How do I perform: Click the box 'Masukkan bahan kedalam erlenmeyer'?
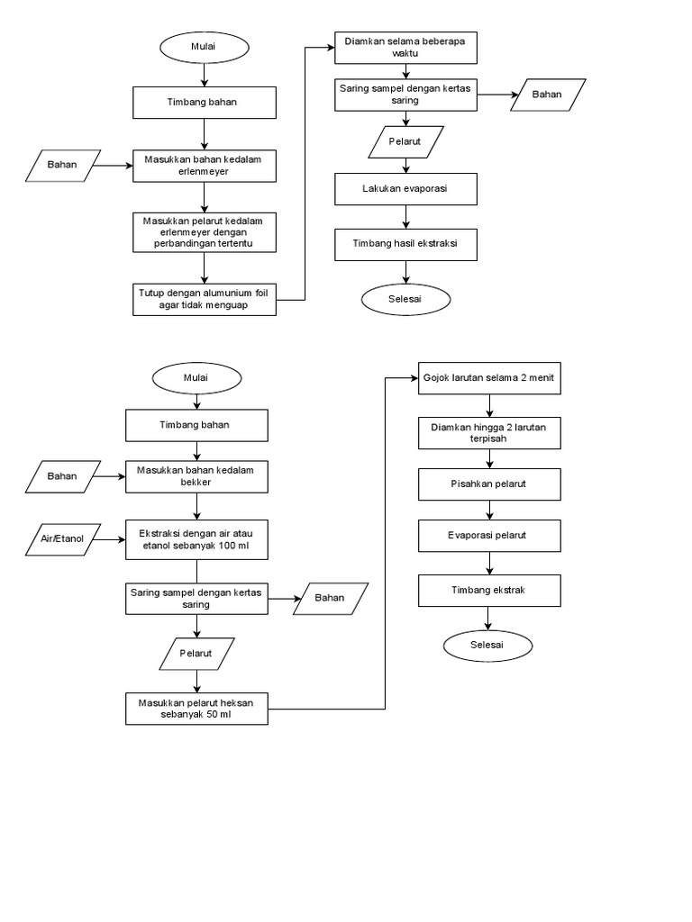click(205, 166)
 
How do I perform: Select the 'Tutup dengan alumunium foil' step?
click(205, 299)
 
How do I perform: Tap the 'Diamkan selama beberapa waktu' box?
click(405, 48)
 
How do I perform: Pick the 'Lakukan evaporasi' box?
click(405, 189)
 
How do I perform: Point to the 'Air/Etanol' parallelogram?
click(61, 539)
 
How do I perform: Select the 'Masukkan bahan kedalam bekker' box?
click(197, 476)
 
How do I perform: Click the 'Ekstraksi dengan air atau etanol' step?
click(197, 538)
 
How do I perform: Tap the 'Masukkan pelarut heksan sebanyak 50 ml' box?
click(197, 709)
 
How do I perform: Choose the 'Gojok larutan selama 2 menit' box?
click(490, 379)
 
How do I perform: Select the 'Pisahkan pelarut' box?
click(490, 485)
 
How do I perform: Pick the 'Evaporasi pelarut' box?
click(490, 537)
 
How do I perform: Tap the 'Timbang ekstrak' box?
click(490, 590)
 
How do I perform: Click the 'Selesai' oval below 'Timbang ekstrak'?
click(487, 645)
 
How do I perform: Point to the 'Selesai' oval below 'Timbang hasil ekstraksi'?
click(405, 298)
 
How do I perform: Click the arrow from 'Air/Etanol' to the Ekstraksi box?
click(111, 539)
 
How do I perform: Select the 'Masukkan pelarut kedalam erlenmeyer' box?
click(205, 231)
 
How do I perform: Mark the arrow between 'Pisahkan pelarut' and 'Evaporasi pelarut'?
click(489, 511)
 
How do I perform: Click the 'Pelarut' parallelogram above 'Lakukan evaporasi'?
click(405, 141)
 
